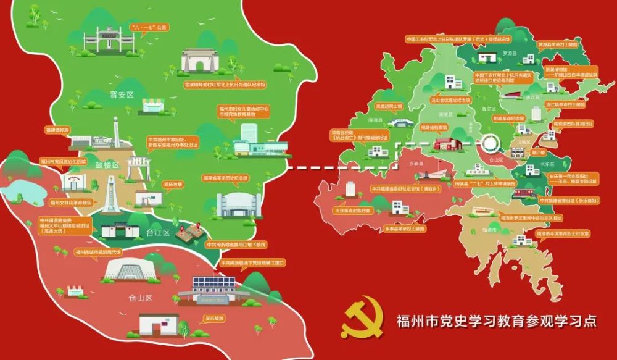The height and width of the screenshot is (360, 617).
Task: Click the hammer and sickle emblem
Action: pyautogui.click(x=363, y=320)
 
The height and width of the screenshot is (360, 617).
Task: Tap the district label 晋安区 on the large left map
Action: pyautogui.click(x=122, y=94)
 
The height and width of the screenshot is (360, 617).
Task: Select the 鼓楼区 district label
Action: pyautogui.click(x=107, y=165)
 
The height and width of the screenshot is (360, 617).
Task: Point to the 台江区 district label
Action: pyautogui.click(x=157, y=232)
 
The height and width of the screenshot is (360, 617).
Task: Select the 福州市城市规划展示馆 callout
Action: pyautogui.click(x=98, y=253)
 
